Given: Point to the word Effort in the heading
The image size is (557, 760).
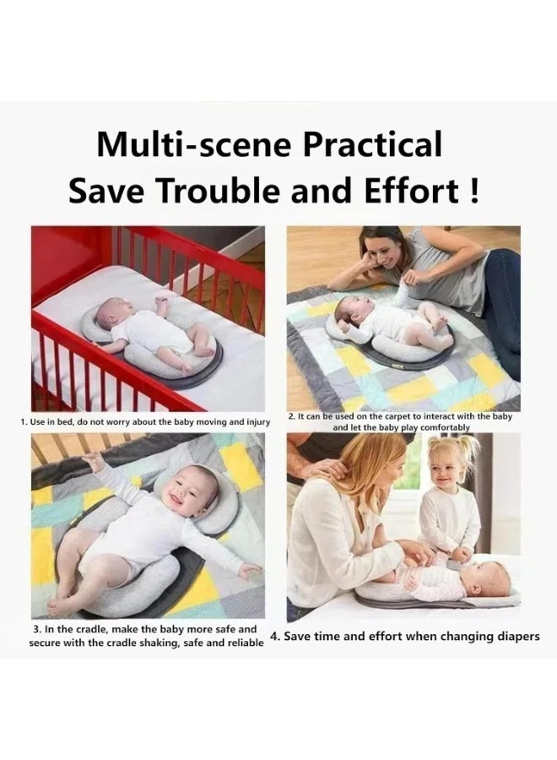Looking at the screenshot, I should point(408,191).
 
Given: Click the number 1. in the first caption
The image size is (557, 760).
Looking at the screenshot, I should point(24,420).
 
